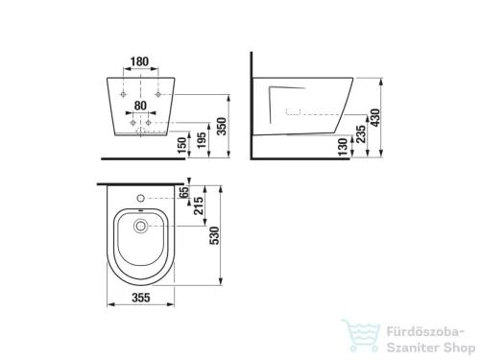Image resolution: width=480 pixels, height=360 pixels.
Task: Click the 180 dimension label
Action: point(140,61)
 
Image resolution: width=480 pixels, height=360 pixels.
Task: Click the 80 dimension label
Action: point(140,106)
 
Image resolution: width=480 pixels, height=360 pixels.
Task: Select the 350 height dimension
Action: point(222,127)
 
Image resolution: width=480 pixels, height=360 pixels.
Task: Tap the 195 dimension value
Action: point(202,140)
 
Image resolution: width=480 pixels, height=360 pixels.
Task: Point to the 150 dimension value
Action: point(181,145)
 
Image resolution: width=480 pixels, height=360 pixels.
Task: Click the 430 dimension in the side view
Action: point(375,117)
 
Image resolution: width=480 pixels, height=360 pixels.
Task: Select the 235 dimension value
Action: point(361,134)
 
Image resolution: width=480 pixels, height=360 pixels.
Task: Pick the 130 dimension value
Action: point(343,147)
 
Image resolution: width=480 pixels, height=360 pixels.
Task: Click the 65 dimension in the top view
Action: point(184,192)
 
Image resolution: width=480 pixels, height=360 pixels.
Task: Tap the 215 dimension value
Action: point(199,205)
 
